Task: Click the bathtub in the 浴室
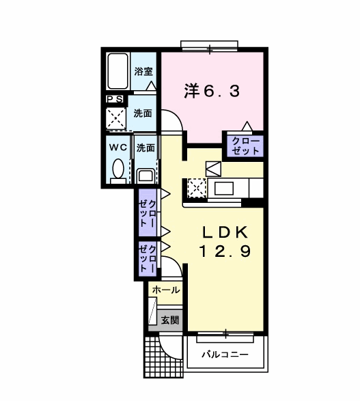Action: point(117,71)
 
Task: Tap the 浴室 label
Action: point(143,71)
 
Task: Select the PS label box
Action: point(115,99)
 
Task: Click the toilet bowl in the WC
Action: point(118,169)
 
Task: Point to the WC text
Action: point(118,148)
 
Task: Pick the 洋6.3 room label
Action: point(212,92)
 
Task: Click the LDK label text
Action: point(225,232)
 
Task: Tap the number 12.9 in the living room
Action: point(225,251)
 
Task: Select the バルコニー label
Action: point(225,355)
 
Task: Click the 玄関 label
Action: point(170,320)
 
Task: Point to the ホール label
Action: point(166,290)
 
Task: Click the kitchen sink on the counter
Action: point(224,189)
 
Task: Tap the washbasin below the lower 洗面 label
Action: point(146,176)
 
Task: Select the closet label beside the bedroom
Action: point(245,146)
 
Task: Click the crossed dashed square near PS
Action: point(116,118)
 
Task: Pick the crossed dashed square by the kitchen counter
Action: point(197,189)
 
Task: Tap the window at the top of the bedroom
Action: point(210,47)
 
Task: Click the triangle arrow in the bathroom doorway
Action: point(151,85)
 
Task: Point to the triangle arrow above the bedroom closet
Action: point(247,126)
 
